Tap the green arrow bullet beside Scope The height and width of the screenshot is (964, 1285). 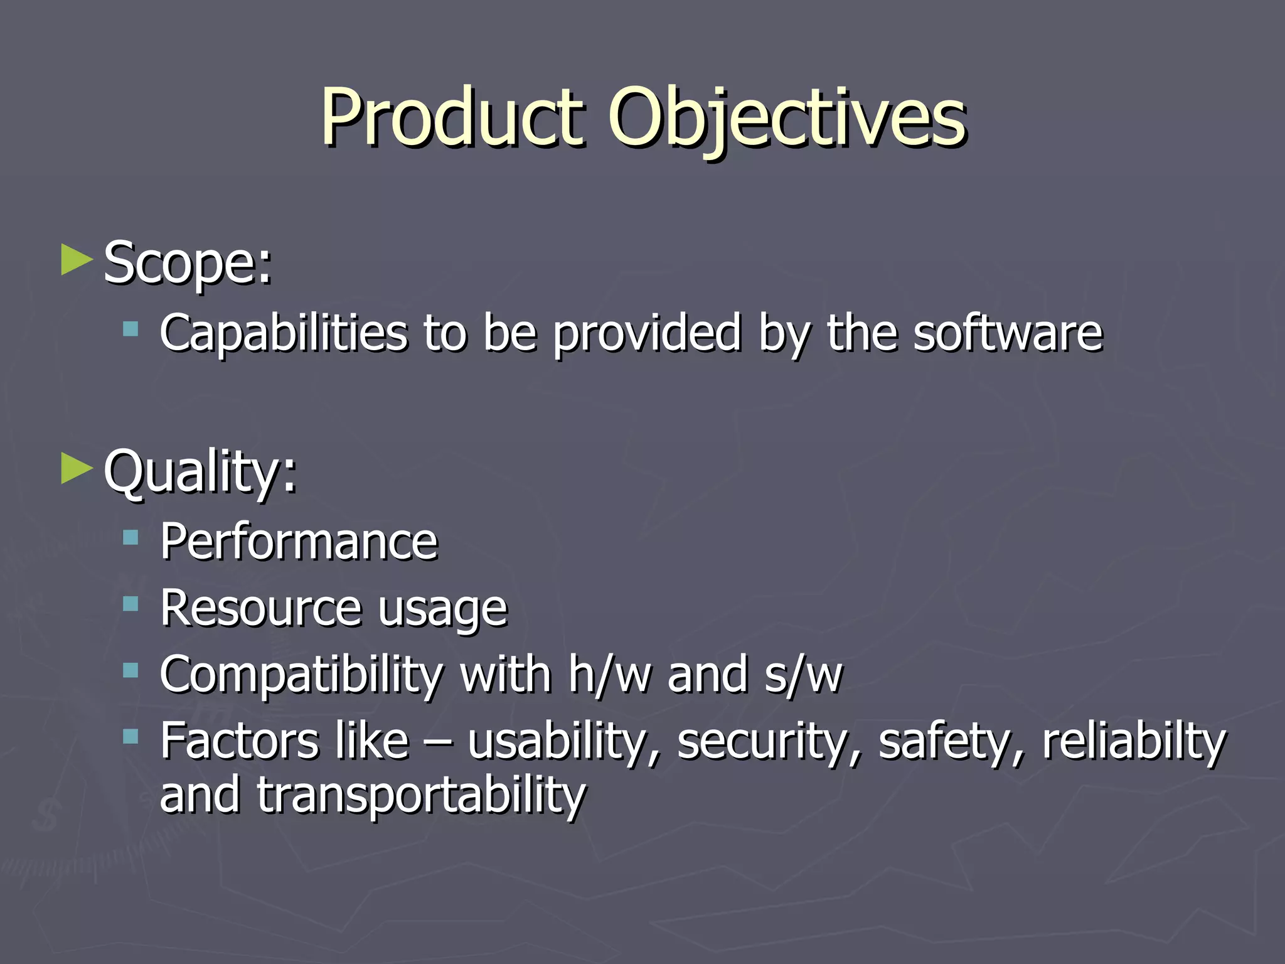coord(77,260)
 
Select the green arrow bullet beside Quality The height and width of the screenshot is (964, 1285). coord(77,469)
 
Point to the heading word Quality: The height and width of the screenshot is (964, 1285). coord(200,472)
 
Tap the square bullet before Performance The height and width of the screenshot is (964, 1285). coord(131,537)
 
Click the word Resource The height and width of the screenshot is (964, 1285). coord(260,608)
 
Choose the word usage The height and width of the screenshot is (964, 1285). coord(442,610)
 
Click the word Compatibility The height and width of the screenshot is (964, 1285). coord(301,675)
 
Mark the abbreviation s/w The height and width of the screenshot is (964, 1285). coord(803,675)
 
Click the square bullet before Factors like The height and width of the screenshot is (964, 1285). coord(131,736)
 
